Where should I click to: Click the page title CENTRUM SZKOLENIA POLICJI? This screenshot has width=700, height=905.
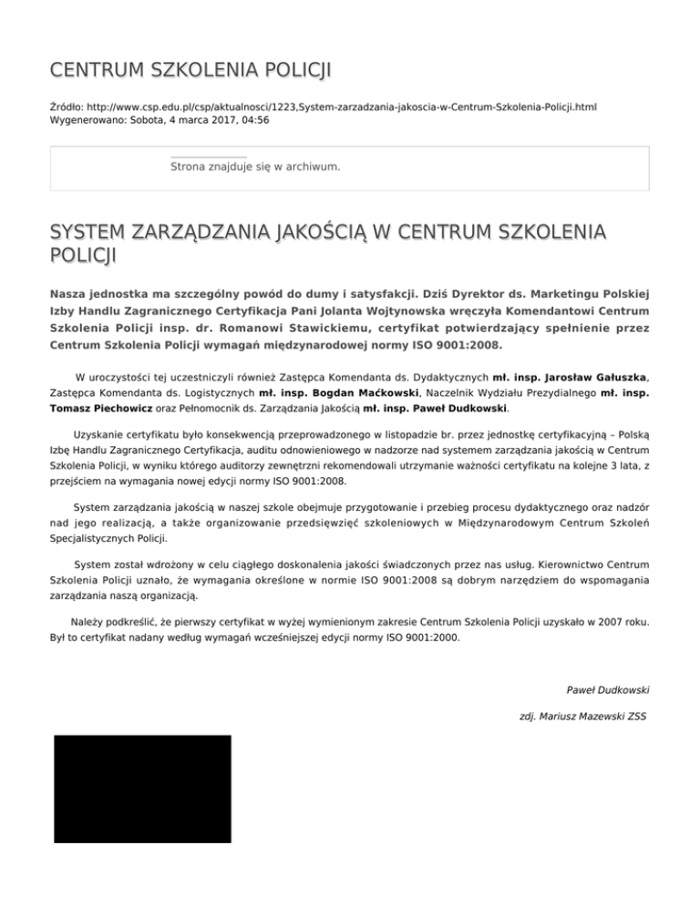pos(190,70)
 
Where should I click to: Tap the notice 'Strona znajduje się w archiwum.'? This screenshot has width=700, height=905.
pos(255,167)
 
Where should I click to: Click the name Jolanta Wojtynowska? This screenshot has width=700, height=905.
pos(389,311)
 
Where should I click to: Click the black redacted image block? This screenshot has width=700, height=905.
pos(142,788)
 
